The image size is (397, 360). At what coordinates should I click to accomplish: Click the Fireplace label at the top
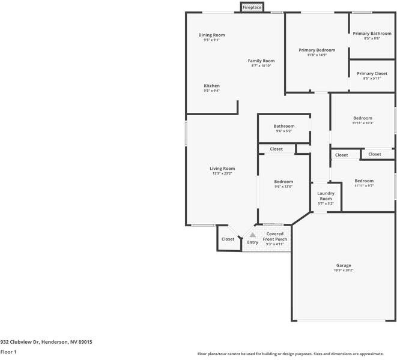[x=252, y=7]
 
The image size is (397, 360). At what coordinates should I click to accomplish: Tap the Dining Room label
[x=211, y=35]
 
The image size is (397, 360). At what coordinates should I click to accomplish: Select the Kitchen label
[x=211, y=86]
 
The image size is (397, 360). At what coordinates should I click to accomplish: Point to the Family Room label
[x=261, y=61]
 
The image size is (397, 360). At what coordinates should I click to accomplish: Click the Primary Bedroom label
[x=317, y=50]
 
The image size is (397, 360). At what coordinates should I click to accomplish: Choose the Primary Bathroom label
[x=372, y=34]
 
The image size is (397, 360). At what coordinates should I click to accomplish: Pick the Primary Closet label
[x=372, y=74]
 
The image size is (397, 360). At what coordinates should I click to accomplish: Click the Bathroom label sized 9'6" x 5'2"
[x=284, y=126]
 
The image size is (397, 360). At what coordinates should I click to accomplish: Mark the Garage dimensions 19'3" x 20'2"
[x=344, y=271]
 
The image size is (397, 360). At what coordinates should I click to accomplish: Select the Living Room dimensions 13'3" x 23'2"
[x=222, y=173]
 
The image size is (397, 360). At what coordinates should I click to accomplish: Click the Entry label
[x=253, y=242]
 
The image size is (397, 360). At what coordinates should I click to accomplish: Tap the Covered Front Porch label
[x=275, y=236]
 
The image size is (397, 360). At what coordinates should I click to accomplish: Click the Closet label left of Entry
[x=228, y=239]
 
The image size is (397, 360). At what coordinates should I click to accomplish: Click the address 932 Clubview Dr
[x=46, y=341]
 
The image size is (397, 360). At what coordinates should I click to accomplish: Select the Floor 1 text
[x=8, y=352]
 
